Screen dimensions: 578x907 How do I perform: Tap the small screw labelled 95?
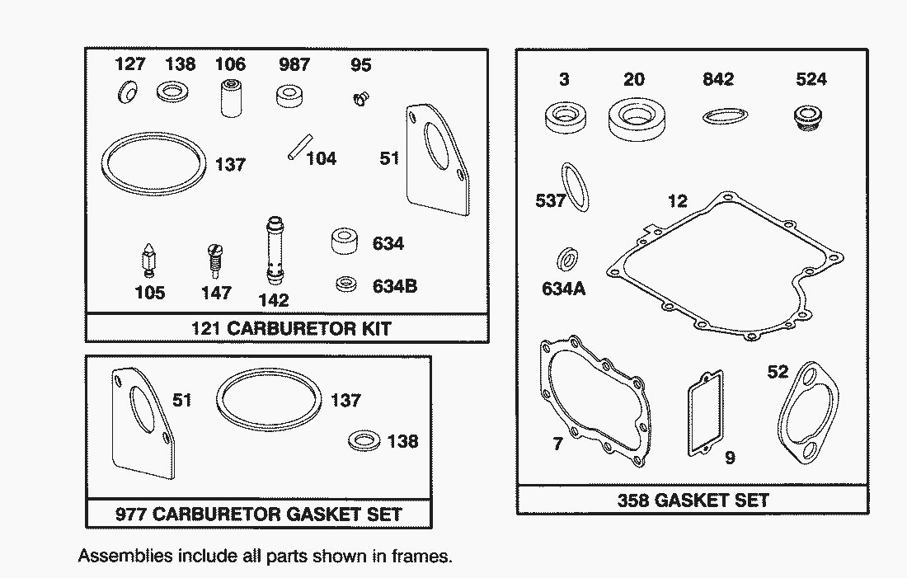coord(359,99)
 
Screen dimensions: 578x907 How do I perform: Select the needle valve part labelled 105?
coord(149,260)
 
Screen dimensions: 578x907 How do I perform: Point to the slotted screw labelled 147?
coord(215,261)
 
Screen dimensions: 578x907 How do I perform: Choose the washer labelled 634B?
coord(346,285)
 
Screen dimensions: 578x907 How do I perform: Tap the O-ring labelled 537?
coord(576,187)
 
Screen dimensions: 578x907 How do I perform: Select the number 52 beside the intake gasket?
coord(778,372)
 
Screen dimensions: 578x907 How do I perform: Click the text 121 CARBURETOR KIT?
coord(291,328)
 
